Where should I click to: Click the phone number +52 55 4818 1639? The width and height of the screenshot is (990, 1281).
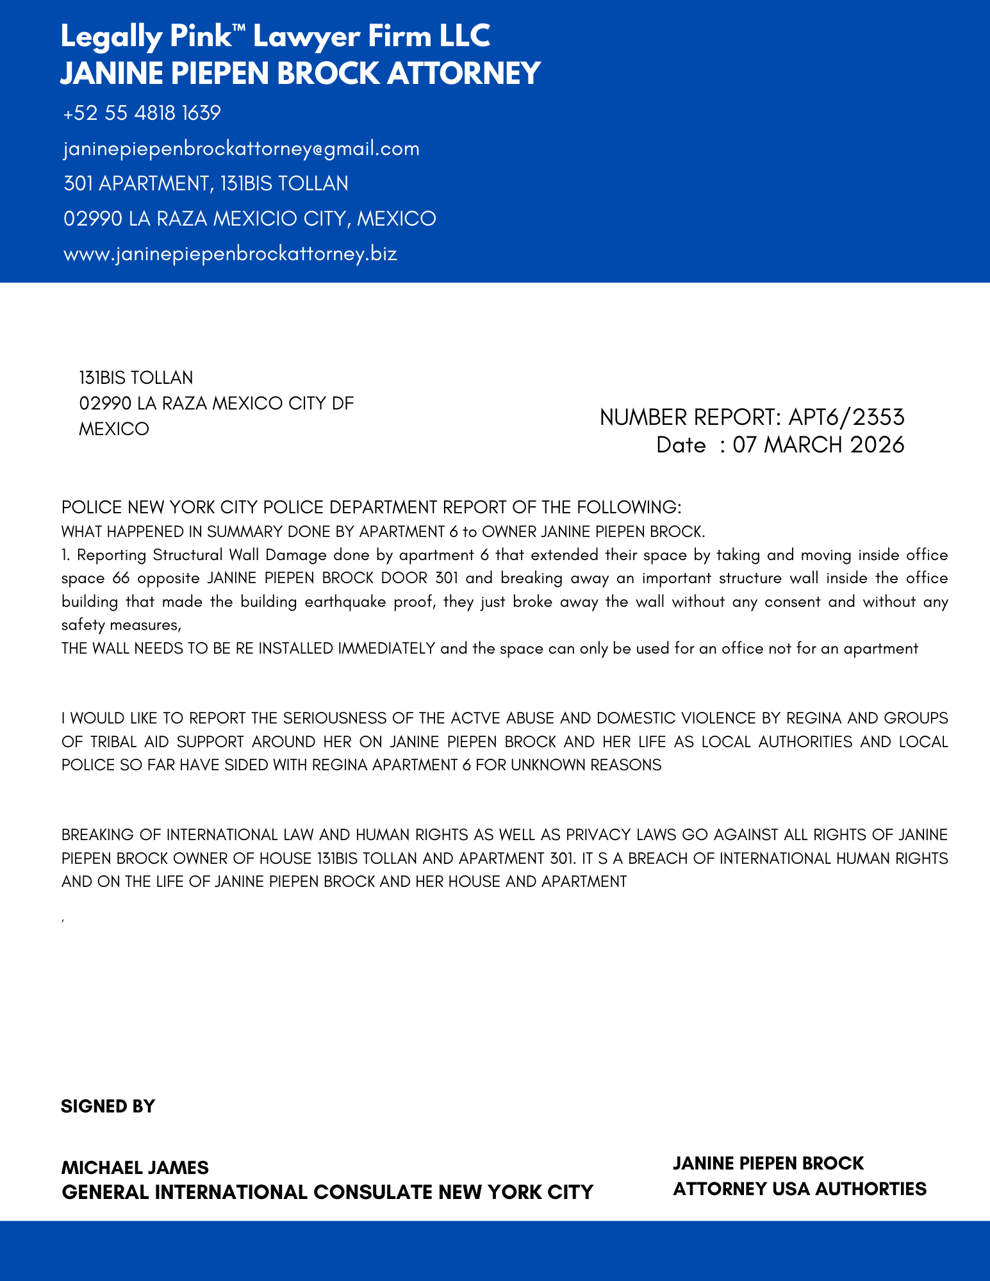point(142,113)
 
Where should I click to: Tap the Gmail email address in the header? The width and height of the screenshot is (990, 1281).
point(241,149)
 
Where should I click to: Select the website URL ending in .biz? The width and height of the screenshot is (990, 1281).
point(230,254)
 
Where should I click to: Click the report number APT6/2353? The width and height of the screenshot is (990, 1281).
point(846,417)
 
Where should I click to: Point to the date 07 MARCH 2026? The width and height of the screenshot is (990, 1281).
point(818,445)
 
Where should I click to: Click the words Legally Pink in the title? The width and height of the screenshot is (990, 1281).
point(145,37)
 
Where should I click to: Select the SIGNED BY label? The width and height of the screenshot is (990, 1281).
point(108,1106)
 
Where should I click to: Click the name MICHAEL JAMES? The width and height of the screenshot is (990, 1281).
point(135,1167)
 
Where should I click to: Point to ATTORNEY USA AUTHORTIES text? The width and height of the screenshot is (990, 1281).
point(799,1189)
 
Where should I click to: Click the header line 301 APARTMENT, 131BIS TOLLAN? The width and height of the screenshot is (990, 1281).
point(206,184)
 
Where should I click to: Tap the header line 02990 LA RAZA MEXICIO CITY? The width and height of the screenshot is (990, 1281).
point(249,219)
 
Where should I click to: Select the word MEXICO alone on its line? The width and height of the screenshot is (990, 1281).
point(113,429)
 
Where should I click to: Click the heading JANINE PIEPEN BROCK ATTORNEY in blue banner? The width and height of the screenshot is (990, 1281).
point(300,73)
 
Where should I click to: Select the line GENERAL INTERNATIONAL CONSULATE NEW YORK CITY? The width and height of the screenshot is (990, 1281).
point(327,1192)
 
